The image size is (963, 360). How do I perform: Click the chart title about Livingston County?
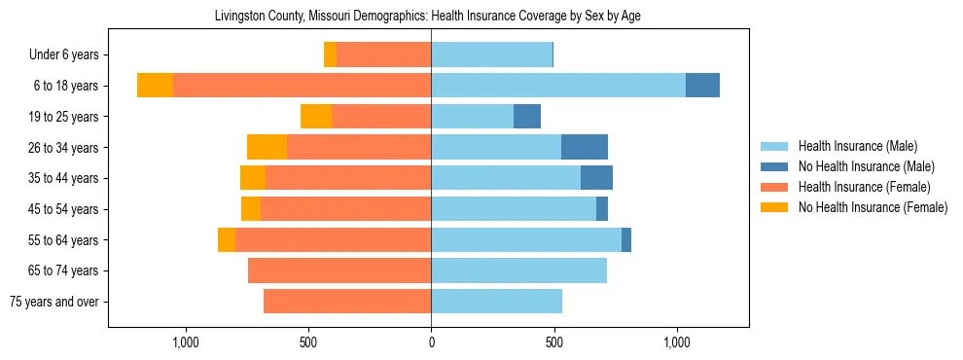coord(427,16)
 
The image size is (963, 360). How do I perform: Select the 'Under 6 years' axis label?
coord(70,55)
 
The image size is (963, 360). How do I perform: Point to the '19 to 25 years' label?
coord(64,117)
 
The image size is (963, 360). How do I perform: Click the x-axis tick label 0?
coord(431,342)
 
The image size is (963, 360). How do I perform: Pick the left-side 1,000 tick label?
coord(185,342)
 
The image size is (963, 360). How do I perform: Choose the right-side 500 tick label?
coord(553,342)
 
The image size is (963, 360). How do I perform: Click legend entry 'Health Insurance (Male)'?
coord(857,146)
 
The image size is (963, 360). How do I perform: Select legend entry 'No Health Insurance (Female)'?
coord(873,207)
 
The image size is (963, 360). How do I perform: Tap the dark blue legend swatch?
coord(774,166)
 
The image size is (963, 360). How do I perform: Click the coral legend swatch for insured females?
coord(774,187)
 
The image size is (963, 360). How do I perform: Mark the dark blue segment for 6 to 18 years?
coord(702,86)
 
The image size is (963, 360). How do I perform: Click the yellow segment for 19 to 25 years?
coord(316,117)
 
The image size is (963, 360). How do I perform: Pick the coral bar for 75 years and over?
coord(347,302)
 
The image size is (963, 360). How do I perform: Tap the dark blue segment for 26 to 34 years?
coord(585,147)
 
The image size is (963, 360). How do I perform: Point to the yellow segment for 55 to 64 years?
coord(227,239)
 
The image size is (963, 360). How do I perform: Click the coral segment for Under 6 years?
coord(384,55)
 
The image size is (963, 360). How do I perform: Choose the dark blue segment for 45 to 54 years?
coord(602,209)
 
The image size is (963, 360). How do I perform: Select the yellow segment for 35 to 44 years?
coord(253,178)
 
